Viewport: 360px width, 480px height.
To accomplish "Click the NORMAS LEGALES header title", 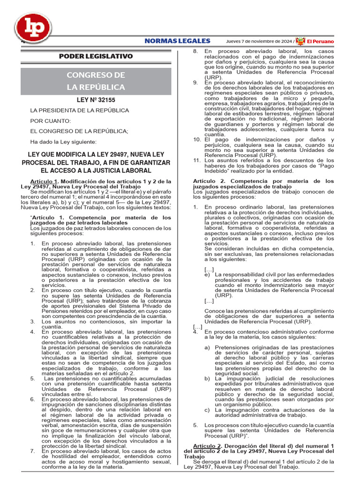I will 177,41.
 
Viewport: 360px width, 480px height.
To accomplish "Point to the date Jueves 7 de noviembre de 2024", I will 260,41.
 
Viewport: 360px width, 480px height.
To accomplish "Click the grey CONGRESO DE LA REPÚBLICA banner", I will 96,81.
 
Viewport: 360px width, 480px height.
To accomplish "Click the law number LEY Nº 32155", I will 96,100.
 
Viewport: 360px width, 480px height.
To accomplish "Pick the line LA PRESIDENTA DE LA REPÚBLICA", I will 79,111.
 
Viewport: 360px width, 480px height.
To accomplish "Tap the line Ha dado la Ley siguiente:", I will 63,142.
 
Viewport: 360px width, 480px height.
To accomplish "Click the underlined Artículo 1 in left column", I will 43,181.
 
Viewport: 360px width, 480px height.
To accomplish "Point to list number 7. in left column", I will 33,451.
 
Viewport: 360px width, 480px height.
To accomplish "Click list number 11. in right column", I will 197,160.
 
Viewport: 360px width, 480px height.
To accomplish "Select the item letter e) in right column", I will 207,275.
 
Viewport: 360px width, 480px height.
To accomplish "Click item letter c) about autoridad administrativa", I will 207,410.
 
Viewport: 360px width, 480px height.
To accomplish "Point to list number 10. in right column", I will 197,140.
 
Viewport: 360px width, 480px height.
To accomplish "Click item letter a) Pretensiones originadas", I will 207,347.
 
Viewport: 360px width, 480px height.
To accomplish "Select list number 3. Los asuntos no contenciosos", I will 33,322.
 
